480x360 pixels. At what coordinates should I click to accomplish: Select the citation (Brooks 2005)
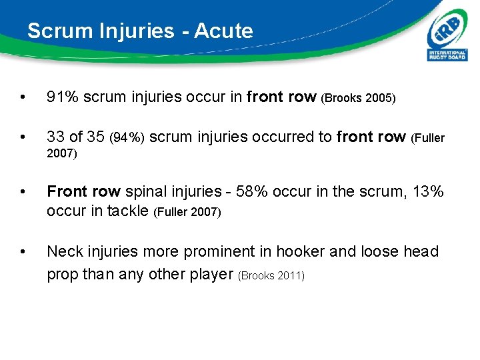pos(359,99)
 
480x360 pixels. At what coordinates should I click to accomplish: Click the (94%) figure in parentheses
pos(126,139)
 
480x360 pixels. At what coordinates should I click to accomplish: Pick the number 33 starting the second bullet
pos(55,137)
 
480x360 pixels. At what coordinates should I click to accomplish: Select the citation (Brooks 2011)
pos(271,275)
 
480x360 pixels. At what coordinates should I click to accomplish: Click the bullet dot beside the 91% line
pos(24,98)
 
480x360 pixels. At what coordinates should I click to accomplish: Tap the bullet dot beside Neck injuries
pos(24,253)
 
